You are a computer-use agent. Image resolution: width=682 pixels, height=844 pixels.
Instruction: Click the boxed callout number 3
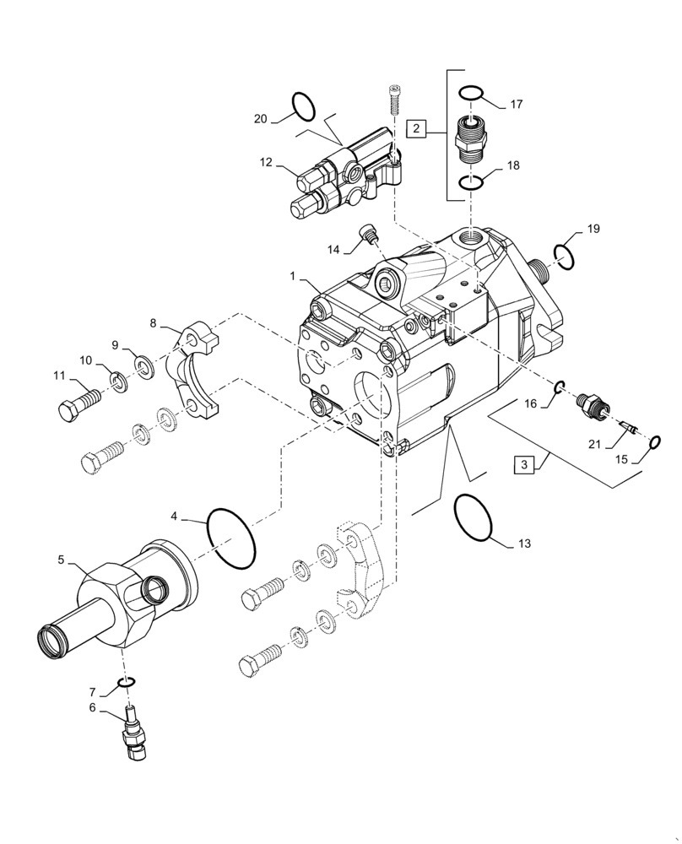click(x=524, y=465)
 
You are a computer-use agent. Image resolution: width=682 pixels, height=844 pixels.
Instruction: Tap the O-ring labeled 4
click(x=230, y=538)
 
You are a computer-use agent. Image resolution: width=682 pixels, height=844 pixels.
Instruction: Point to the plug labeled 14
click(x=368, y=234)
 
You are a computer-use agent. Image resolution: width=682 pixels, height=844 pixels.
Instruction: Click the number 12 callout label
click(x=266, y=161)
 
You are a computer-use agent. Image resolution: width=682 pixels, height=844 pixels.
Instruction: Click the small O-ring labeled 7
click(x=127, y=682)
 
